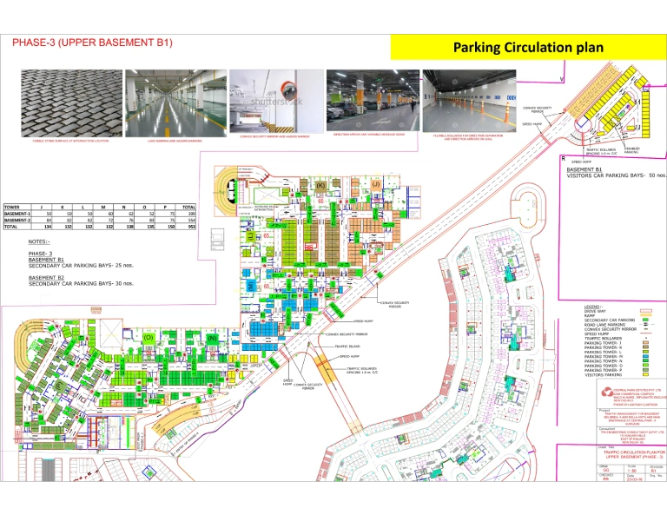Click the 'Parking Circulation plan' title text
click(528, 47)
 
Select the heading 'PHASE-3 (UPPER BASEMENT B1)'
click(92, 42)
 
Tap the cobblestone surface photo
click(71, 102)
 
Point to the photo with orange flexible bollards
click(469, 100)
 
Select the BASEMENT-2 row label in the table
click(17, 220)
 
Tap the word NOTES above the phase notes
click(39, 241)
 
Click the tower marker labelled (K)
click(320, 185)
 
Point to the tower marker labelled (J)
click(376, 184)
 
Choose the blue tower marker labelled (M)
click(249, 285)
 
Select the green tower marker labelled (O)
click(149, 336)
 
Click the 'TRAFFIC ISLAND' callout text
click(351, 346)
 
